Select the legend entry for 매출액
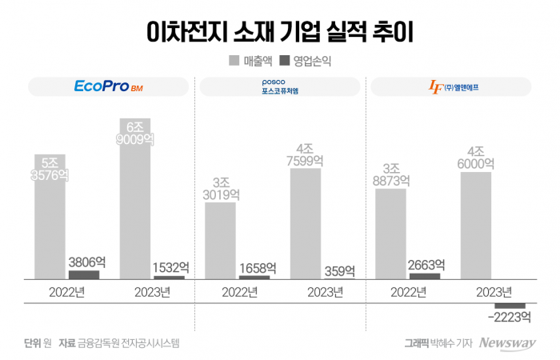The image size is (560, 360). click(249, 60)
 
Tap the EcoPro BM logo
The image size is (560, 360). click(107, 86)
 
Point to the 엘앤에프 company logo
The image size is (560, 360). click(454, 86)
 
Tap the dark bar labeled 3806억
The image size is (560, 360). click(84, 274)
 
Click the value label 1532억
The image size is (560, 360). click(170, 267)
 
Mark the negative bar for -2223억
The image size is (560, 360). click(510, 306)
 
